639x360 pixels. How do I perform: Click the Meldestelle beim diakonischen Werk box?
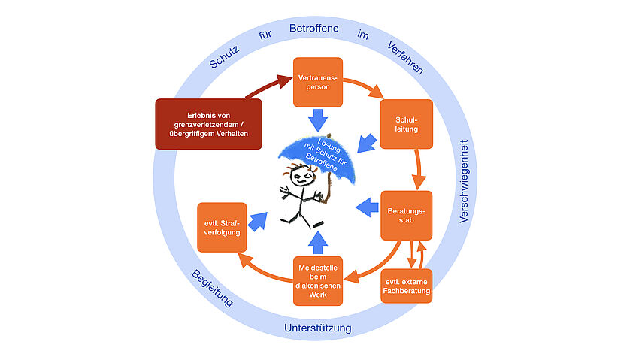tap(316, 280)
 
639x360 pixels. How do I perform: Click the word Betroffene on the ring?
tap(313, 29)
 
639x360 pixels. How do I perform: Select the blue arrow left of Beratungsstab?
tap(366, 207)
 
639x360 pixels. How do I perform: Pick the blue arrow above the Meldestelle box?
tap(316, 241)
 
